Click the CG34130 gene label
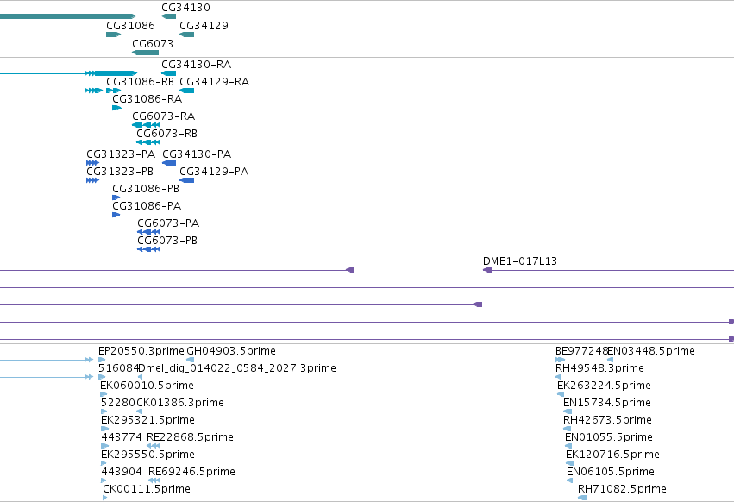pos(185,8)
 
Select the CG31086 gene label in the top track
pos(130,25)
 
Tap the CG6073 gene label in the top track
pos(153,43)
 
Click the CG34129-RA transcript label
pos(215,81)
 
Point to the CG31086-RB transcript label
pos(140,81)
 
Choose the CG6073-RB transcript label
pos(167,134)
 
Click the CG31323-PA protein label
pos(121,154)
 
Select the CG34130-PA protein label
pos(197,154)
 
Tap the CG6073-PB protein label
pos(167,241)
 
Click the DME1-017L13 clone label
pos(520,260)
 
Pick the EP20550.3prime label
pos(141,351)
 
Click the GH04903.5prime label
pos(231,351)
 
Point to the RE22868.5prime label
pos(190,437)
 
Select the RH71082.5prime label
pos(622,488)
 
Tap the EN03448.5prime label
pos(651,351)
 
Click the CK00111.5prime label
pos(147,488)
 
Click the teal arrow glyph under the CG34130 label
pos(168,16)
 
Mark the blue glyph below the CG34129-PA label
pos(187,180)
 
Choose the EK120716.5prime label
pos(612,455)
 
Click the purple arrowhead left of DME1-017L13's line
pos(487,270)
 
